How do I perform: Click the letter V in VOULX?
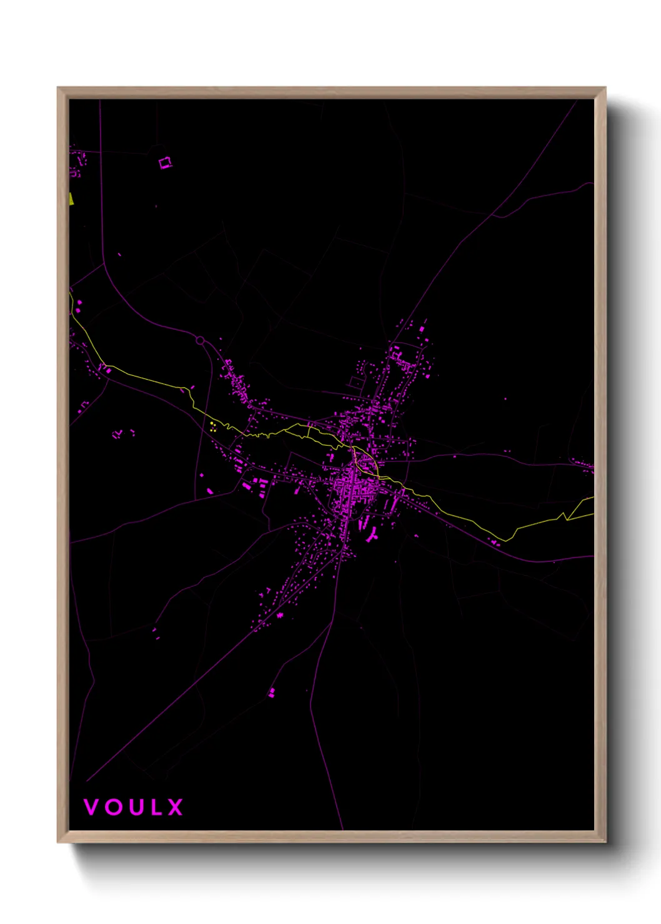[x=91, y=807]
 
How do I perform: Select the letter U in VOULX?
[x=135, y=807]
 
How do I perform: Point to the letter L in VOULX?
[x=155, y=807]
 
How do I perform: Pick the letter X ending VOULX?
[x=175, y=807]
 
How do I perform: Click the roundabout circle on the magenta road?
[x=200, y=340]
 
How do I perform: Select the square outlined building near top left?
[x=165, y=163]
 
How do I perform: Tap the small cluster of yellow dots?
[x=212, y=427]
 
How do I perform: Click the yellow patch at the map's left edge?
[x=71, y=199]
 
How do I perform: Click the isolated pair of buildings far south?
[x=271, y=692]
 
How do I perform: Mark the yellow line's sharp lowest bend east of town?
[x=505, y=540]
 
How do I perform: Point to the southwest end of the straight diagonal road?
[x=87, y=780]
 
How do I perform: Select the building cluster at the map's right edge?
[x=584, y=465]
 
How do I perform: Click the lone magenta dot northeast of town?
[x=505, y=398]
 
